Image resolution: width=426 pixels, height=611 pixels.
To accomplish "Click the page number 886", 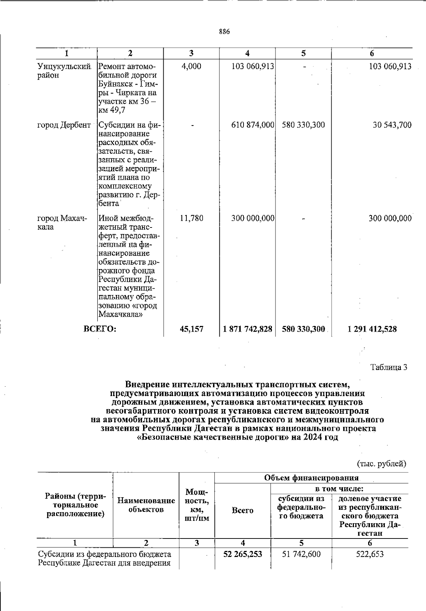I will (224, 32).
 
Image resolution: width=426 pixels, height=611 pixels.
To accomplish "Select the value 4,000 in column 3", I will (191, 66).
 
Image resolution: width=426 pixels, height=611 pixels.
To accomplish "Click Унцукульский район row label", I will (64, 71).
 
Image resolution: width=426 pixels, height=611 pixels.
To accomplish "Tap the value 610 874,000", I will (252, 125).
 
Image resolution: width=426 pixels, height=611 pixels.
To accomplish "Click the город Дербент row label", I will (64, 125).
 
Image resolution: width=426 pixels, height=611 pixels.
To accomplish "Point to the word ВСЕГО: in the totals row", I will (100, 329).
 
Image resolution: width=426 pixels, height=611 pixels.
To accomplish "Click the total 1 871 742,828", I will (248, 329).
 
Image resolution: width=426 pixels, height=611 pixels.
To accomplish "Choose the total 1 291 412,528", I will (372, 329).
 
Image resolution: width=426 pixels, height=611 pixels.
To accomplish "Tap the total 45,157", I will (192, 329).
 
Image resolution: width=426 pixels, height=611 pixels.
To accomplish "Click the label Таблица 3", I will (389, 367).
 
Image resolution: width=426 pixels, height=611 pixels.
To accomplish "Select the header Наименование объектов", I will (146, 505).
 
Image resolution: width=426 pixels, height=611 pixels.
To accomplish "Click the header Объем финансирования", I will (311, 478).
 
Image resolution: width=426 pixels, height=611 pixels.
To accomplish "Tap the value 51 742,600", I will (301, 554).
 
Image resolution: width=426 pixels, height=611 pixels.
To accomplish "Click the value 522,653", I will (370, 554).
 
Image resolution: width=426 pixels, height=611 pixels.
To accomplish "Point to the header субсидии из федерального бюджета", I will (301, 507).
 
